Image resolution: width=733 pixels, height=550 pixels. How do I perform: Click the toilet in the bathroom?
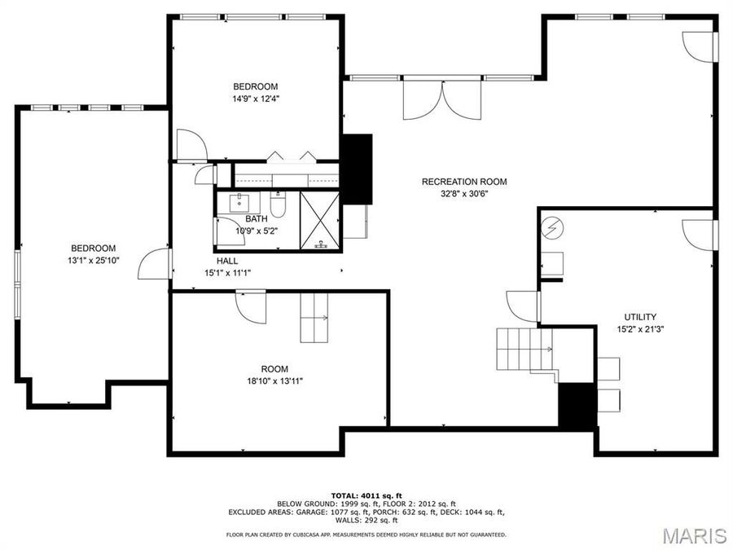point(278,205)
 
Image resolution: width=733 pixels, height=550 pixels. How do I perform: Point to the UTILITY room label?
point(640,317)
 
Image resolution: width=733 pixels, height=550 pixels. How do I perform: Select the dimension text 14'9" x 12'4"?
point(255,99)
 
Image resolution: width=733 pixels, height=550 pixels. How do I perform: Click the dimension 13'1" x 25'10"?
point(93,261)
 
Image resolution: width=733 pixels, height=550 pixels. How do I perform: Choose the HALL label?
point(227,261)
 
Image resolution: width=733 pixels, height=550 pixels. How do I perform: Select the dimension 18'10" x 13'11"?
point(274,381)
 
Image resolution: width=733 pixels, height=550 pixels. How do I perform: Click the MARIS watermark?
point(694,535)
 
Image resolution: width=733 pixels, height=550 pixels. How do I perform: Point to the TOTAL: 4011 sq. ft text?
point(366,495)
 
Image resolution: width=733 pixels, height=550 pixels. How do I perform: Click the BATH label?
point(257,218)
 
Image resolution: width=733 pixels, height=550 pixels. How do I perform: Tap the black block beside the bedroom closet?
point(356,169)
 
